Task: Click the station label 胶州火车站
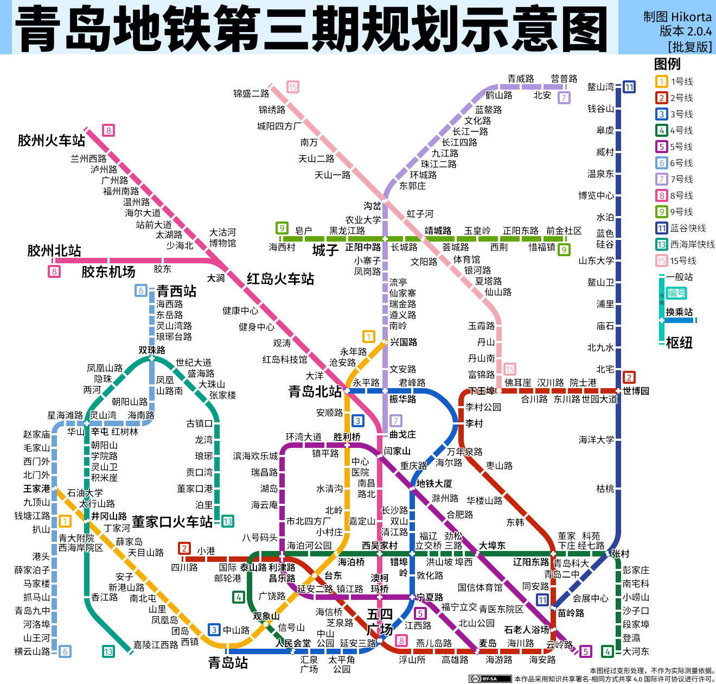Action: click(52, 141)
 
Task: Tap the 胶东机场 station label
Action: click(108, 272)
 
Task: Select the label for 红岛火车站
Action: click(280, 279)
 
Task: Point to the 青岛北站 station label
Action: click(315, 391)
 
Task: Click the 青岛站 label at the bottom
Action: click(228, 663)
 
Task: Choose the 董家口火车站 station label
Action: click(172, 522)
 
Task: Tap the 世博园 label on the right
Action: click(636, 391)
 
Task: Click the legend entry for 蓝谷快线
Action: click(688, 228)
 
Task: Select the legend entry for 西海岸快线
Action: click(692, 244)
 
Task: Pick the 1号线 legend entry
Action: click(681, 81)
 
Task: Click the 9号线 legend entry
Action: click(681, 212)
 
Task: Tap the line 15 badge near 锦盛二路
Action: click(293, 87)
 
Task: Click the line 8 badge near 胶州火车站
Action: click(108, 130)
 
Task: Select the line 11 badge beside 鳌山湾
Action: click(629, 87)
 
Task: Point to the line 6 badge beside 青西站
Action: click(141, 290)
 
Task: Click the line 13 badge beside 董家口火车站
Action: click(228, 521)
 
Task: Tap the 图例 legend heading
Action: click(667, 64)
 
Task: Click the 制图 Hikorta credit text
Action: click(677, 17)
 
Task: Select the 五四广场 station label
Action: click(379, 622)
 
